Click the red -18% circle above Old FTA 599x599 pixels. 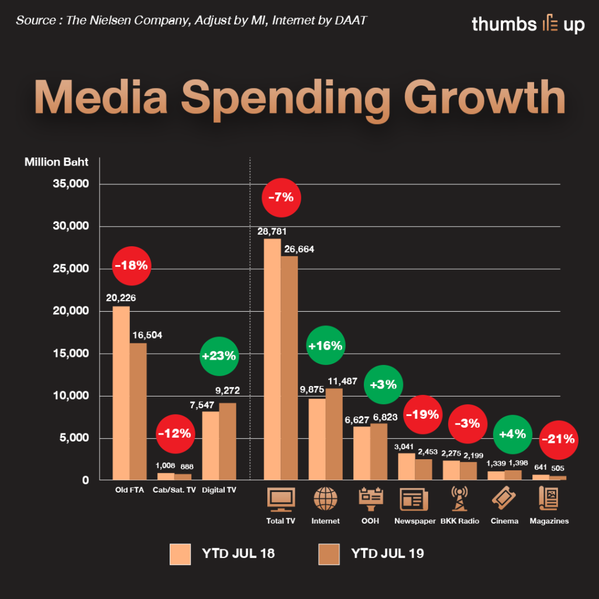132,266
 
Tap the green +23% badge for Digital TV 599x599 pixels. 219,355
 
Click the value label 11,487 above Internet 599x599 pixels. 342,380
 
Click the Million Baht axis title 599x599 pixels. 56,162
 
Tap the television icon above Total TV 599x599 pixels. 281,499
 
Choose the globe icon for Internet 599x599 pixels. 326,499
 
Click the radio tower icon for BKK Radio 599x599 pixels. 460,499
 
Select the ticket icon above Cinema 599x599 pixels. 504,499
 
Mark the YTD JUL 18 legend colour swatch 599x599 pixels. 181,554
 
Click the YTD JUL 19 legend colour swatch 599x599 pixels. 329,554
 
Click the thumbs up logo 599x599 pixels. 528,24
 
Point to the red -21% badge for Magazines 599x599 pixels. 558,439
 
